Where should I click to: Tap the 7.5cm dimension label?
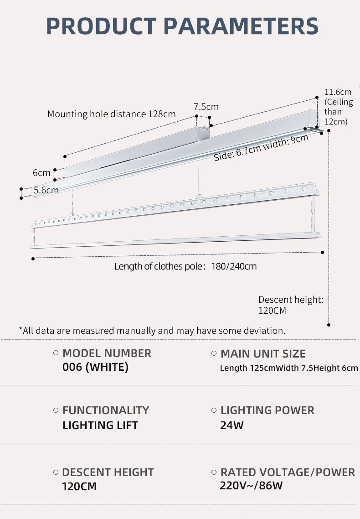point(206,107)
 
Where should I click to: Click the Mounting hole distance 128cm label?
point(111,114)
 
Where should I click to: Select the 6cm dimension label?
point(41,173)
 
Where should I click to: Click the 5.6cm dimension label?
point(46,190)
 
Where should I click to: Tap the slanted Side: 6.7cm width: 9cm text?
point(261,148)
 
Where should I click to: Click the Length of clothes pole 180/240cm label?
point(185,266)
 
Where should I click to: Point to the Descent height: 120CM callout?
point(290,305)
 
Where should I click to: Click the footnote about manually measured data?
point(152,330)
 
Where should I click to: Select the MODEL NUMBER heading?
point(107,353)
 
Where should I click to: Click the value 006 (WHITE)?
point(95,367)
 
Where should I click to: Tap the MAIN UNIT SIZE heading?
point(263,353)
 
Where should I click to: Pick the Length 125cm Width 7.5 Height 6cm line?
point(289,368)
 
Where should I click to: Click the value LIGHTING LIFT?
point(100,425)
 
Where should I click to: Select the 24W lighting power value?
point(231,425)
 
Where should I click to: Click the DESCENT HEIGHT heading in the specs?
point(108,472)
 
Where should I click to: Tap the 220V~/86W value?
point(251,485)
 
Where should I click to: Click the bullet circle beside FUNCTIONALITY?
point(56,410)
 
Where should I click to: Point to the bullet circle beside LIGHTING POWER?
point(214,410)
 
